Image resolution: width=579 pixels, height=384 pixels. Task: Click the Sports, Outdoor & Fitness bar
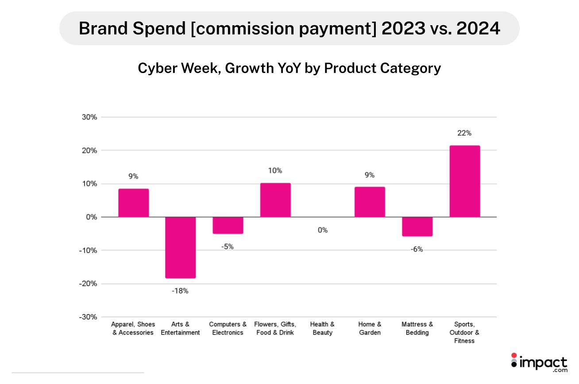point(464,181)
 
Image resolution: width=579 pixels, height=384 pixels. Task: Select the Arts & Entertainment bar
point(181,247)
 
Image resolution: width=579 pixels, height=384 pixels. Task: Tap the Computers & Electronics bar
point(228,225)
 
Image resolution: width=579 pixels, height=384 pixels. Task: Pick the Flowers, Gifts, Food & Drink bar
point(275,200)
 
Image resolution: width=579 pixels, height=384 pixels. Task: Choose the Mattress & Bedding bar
point(417,227)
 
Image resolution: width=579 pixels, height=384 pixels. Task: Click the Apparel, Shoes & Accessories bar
point(133,203)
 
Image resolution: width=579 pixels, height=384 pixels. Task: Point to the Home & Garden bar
point(370,202)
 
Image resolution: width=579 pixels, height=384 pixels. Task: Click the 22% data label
point(464,133)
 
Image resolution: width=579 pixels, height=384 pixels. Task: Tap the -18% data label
point(180,291)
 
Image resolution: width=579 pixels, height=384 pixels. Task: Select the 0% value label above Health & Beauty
point(322,230)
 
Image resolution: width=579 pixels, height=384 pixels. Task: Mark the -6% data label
point(417,249)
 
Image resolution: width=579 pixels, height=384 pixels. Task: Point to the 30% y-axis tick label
point(90,117)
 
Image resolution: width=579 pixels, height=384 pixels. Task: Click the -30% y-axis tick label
point(89,317)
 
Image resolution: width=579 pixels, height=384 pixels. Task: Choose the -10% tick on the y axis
point(89,250)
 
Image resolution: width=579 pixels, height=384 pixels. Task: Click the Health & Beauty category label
point(322,329)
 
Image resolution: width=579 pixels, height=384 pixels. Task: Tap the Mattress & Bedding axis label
point(417,329)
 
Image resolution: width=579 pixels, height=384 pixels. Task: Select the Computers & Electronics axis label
point(228,329)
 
